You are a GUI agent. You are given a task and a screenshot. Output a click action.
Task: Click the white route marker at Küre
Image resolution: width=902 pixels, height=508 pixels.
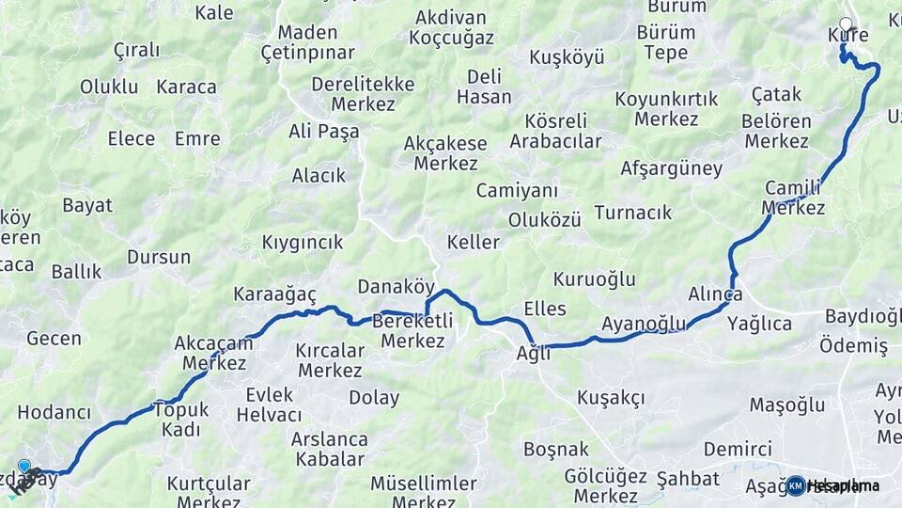click(x=846, y=24)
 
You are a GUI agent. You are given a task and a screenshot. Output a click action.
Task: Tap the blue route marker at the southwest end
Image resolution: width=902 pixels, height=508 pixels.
click(x=23, y=465)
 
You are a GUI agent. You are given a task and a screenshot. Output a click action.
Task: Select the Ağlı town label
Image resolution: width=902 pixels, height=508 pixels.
click(x=533, y=354)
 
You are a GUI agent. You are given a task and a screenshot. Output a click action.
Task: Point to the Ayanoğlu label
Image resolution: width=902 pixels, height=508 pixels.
click(x=644, y=324)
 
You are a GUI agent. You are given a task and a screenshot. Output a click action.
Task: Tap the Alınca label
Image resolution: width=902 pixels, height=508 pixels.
click(x=715, y=294)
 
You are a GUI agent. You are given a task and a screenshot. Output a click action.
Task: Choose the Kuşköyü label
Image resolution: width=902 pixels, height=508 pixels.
click(x=567, y=57)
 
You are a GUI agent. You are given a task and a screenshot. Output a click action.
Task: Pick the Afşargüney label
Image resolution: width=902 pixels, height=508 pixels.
click(x=671, y=169)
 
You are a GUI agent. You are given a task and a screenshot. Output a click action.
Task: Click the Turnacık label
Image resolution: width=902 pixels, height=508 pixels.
click(x=632, y=213)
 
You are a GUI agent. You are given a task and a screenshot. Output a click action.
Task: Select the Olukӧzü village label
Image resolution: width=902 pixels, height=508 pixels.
click(x=544, y=219)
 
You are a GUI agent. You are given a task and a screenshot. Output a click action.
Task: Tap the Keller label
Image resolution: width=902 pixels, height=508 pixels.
click(x=473, y=243)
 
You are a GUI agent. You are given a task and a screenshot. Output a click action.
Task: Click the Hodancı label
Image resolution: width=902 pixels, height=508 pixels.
click(x=54, y=412)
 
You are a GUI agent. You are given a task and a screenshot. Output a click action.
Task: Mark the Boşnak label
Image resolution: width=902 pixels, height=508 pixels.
click(x=555, y=449)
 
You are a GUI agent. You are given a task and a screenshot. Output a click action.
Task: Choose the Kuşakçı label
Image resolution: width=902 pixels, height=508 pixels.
click(x=611, y=398)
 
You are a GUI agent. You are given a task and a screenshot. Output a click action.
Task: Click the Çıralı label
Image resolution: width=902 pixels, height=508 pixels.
click(x=136, y=50)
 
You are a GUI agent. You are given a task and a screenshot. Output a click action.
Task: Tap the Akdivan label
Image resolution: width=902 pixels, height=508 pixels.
click(x=450, y=17)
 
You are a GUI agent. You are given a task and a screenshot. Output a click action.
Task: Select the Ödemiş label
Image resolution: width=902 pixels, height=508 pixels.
click(x=853, y=346)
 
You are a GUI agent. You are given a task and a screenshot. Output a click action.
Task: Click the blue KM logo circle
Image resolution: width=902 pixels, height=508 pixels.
click(x=795, y=485)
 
